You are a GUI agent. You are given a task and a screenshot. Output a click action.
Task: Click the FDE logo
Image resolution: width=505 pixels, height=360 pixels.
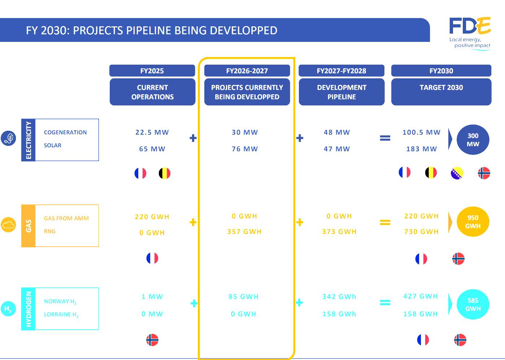tap(470, 33)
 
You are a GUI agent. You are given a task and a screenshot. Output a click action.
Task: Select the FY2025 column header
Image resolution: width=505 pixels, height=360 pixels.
tap(152, 71)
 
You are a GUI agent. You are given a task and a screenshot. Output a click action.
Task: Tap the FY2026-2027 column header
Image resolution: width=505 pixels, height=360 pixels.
tap(247, 71)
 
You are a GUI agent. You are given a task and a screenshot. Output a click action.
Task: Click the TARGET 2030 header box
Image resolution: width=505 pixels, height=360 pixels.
tap(441, 92)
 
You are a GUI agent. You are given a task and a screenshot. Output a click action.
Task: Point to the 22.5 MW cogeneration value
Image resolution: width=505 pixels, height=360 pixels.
tap(152, 132)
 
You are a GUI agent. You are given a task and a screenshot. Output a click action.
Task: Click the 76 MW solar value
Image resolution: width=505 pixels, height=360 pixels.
tap(245, 149)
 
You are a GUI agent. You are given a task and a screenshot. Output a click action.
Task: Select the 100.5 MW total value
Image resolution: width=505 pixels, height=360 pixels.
tap(421, 132)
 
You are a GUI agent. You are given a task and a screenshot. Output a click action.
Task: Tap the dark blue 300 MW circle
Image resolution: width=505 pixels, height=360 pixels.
tap(473, 140)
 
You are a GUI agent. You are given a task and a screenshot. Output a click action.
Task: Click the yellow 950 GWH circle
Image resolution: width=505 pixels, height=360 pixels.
tap(473, 221)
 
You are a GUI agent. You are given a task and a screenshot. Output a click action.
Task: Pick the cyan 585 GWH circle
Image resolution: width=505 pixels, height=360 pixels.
tap(473, 304)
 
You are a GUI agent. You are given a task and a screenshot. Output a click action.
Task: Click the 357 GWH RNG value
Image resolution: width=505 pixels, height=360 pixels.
tap(244, 232)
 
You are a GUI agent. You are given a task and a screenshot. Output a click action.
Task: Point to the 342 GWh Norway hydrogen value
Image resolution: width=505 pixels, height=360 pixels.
tap(339, 296)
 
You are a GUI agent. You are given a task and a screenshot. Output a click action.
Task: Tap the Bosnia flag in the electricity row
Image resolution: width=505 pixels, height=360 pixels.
tap(457, 173)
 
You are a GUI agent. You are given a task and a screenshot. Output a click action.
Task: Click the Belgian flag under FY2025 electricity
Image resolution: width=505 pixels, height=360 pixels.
tap(165, 173)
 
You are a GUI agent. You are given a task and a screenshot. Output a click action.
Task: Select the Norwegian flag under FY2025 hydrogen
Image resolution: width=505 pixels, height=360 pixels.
tap(152, 340)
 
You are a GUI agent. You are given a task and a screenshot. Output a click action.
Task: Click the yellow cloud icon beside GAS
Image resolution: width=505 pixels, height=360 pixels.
tap(8, 225)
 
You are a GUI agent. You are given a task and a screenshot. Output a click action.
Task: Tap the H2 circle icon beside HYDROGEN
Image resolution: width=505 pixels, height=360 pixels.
tap(8, 309)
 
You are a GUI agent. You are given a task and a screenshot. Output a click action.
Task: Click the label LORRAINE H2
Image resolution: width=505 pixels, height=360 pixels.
tap(61, 315)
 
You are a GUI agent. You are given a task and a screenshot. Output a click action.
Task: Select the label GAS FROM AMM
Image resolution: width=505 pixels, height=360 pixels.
tap(66, 218)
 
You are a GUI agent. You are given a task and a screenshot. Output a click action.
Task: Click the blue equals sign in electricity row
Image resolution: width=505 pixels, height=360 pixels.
tap(385, 138)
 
